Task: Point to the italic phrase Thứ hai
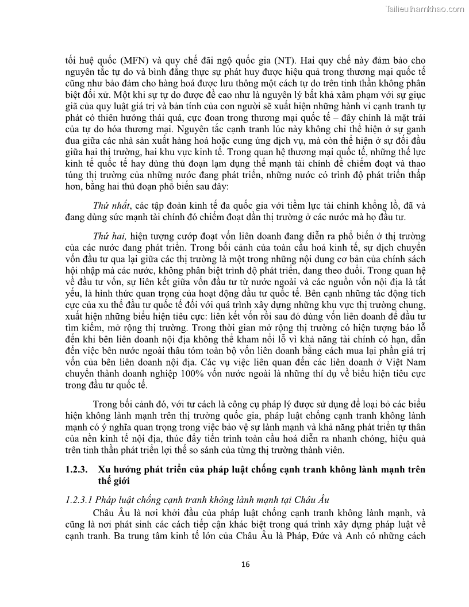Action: coord(110,236)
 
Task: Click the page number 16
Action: coord(245,564)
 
